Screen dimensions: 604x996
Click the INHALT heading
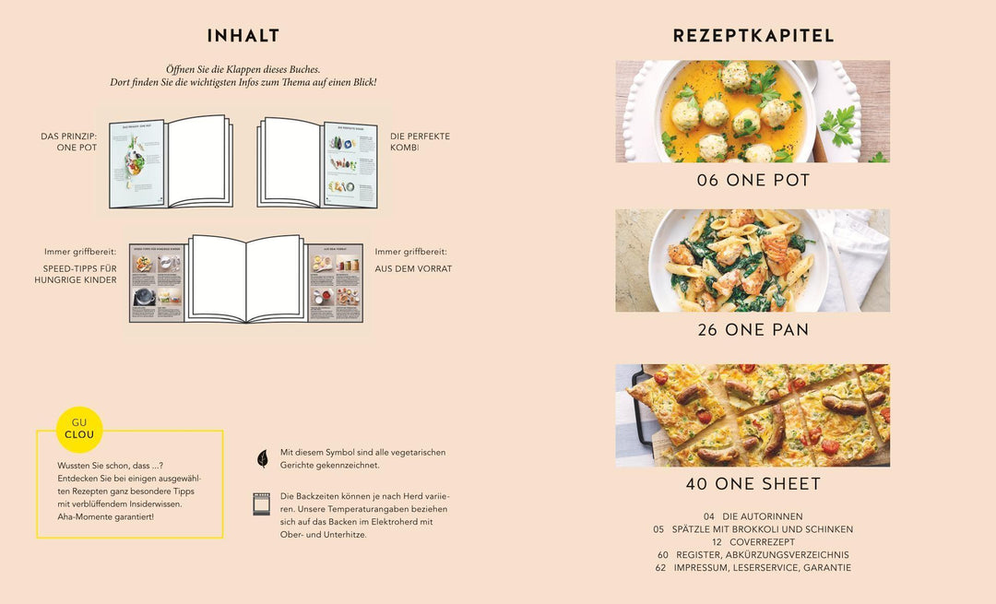pyautogui.click(x=243, y=36)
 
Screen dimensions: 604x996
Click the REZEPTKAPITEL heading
pyautogui.click(x=753, y=36)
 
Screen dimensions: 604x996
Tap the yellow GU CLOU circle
pyautogui.click(x=79, y=429)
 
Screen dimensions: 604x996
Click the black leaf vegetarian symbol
pyautogui.click(x=262, y=458)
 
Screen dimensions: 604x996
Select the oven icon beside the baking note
pyautogui.click(x=262, y=503)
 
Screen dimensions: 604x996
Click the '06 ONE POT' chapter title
pyautogui.click(x=753, y=181)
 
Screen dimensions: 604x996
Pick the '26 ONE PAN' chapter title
pyautogui.click(x=753, y=329)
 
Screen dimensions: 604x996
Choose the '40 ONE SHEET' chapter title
pyautogui.click(x=753, y=483)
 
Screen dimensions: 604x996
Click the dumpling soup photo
pyautogui.click(x=753, y=112)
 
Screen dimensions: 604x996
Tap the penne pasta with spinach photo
pyautogui.click(x=753, y=260)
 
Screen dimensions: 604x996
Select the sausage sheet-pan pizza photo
pyautogui.click(x=753, y=415)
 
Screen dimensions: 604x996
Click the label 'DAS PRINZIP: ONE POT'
pyautogui.click(x=68, y=141)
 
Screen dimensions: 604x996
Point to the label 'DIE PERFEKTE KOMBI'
pyautogui.click(x=420, y=141)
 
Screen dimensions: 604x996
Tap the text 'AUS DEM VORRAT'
pyautogui.click(x=413, y=268)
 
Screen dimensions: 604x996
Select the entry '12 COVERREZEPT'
pyautogui.click(x=753, y=542)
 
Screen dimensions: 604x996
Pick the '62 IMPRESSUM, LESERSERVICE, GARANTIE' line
pyautogui.click(x=753, y=568)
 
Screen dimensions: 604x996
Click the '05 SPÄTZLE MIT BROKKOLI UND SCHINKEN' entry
pyautogui.click(x=753, y=529)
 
